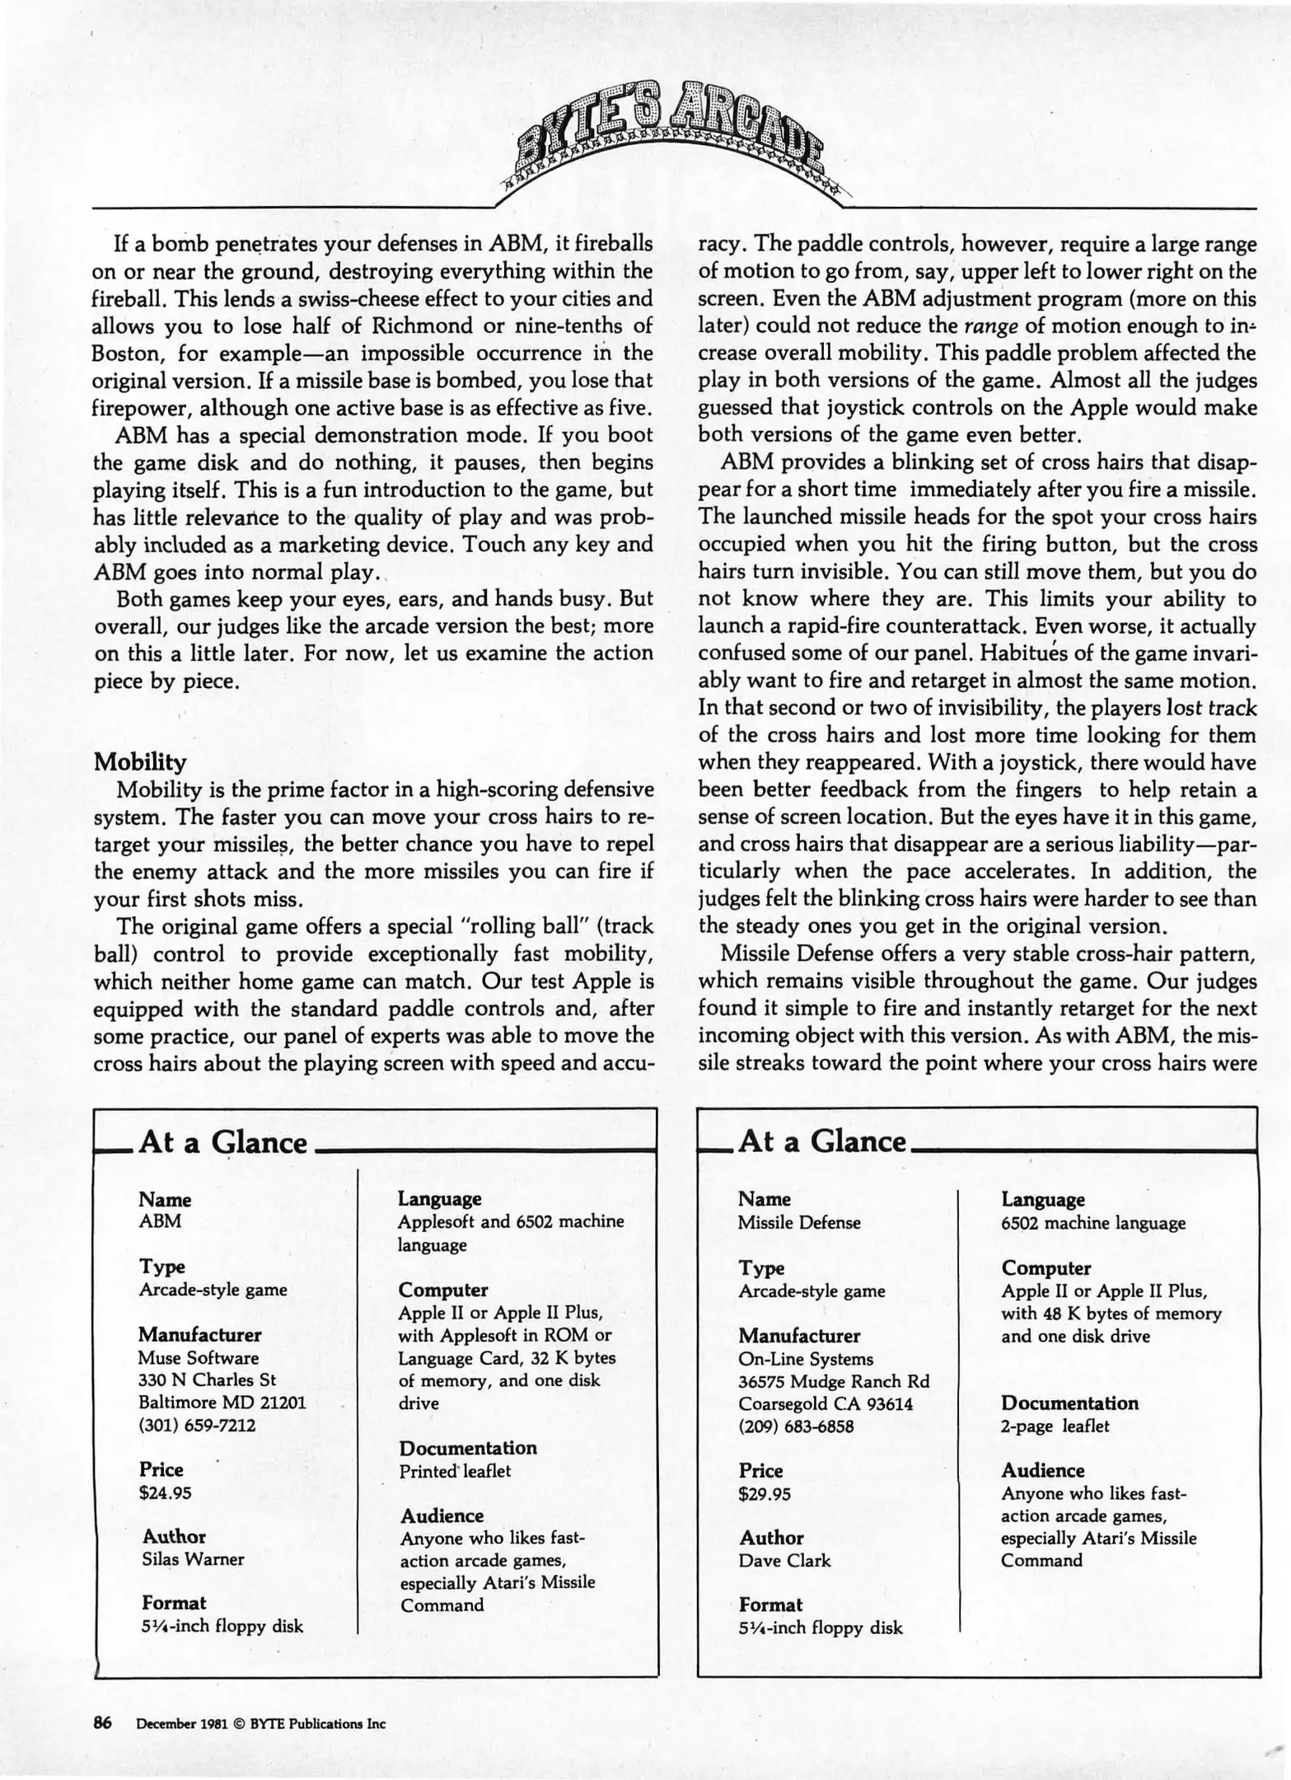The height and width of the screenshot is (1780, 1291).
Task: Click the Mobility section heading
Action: tap(140, 761)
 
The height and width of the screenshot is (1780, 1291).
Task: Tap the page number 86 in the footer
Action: tap(102, 1721)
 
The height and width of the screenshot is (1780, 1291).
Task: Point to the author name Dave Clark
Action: tap(784, 1560)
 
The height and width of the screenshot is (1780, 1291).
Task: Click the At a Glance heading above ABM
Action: tap(223, 1143)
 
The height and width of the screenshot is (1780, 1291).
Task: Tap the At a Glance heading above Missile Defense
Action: tap(823, 1141)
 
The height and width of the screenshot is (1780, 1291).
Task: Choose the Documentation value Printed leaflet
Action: tap(455, 1471)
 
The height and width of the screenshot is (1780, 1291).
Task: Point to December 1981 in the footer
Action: tap(176, 1722)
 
